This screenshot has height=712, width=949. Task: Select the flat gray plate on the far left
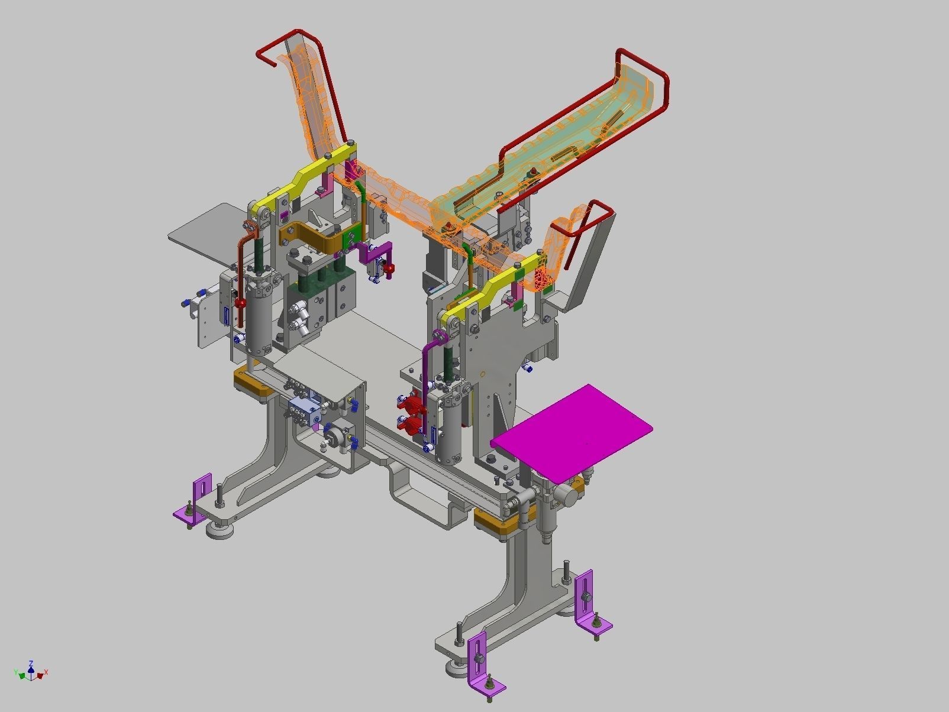click(201, 234)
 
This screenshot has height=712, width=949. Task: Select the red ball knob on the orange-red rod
click(241, 303)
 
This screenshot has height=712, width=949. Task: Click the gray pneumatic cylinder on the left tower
click(259, 313)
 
